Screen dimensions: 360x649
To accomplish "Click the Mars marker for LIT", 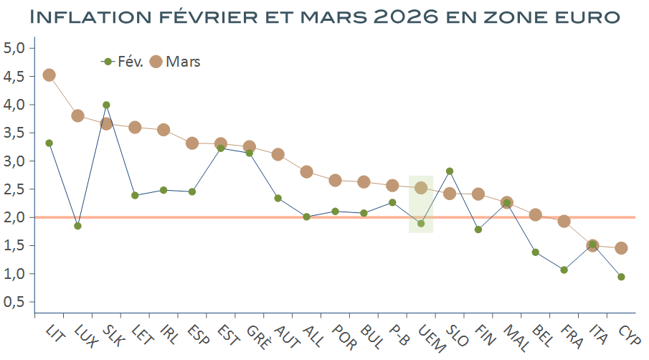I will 49,75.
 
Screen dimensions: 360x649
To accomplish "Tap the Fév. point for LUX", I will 77,226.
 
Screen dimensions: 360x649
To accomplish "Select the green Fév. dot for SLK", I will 106,105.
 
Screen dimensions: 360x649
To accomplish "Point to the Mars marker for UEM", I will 421,188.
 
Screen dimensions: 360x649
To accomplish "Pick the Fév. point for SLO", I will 450,171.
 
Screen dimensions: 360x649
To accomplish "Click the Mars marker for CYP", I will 621,248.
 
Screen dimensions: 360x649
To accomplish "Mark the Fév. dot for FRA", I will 564,270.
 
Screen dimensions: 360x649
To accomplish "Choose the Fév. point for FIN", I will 478,229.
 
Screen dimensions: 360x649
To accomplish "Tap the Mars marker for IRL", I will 164,130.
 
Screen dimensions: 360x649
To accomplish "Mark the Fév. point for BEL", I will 536,252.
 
